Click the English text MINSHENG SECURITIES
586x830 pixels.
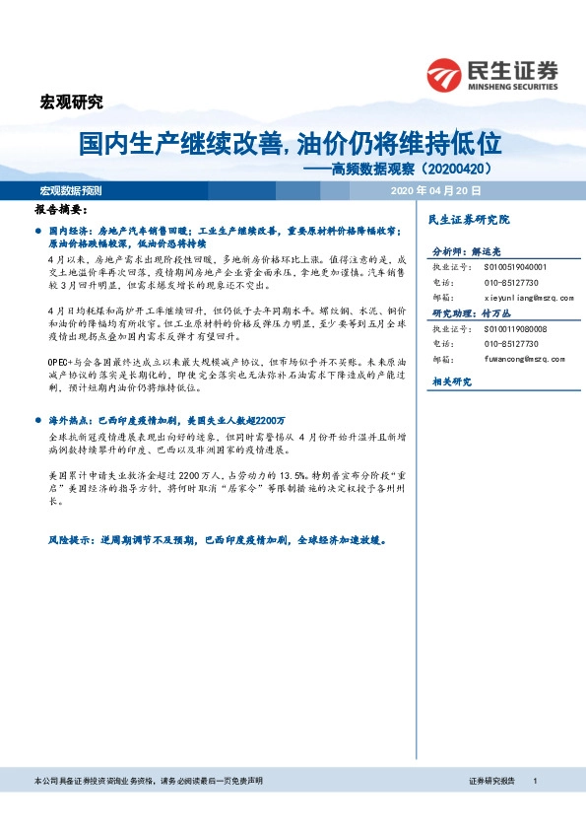[513, 84]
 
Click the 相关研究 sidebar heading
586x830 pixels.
[452, 380]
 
